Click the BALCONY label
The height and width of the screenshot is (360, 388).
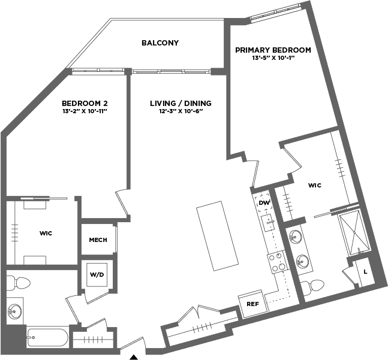[x=160, y=43]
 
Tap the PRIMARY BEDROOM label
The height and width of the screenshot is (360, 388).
[x=273, y=50]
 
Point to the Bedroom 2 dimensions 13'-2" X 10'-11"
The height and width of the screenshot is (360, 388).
[x=85, y=111]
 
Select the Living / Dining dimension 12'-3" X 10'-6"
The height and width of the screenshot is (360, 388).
[x=181, y=111]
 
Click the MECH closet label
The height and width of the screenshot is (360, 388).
[x=98, y=240]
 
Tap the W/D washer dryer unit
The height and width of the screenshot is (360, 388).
[x=97, y=274]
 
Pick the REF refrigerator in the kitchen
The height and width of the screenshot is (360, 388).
[x=253, y=304]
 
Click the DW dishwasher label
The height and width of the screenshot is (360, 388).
[x=264, y=203]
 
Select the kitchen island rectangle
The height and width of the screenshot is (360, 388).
[x=217, y=236]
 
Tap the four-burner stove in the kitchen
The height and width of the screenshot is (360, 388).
[x=278, y=262]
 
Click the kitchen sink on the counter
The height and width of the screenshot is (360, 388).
[x=267, y=223]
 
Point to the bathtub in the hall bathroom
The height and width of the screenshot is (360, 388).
[x=47, y=337]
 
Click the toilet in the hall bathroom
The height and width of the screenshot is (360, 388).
[x=18, y=283]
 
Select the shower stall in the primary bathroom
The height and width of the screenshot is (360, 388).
[x=354, y=233]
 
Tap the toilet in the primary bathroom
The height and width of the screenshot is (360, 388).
[x=313, y=286]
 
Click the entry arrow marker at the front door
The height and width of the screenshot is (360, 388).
[x=134, y=357]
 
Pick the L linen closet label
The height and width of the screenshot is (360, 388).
[x=365, y=272]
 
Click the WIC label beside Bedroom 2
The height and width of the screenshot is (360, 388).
[x=46, y=233]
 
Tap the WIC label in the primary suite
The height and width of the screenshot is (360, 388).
[x=315, y=185]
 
